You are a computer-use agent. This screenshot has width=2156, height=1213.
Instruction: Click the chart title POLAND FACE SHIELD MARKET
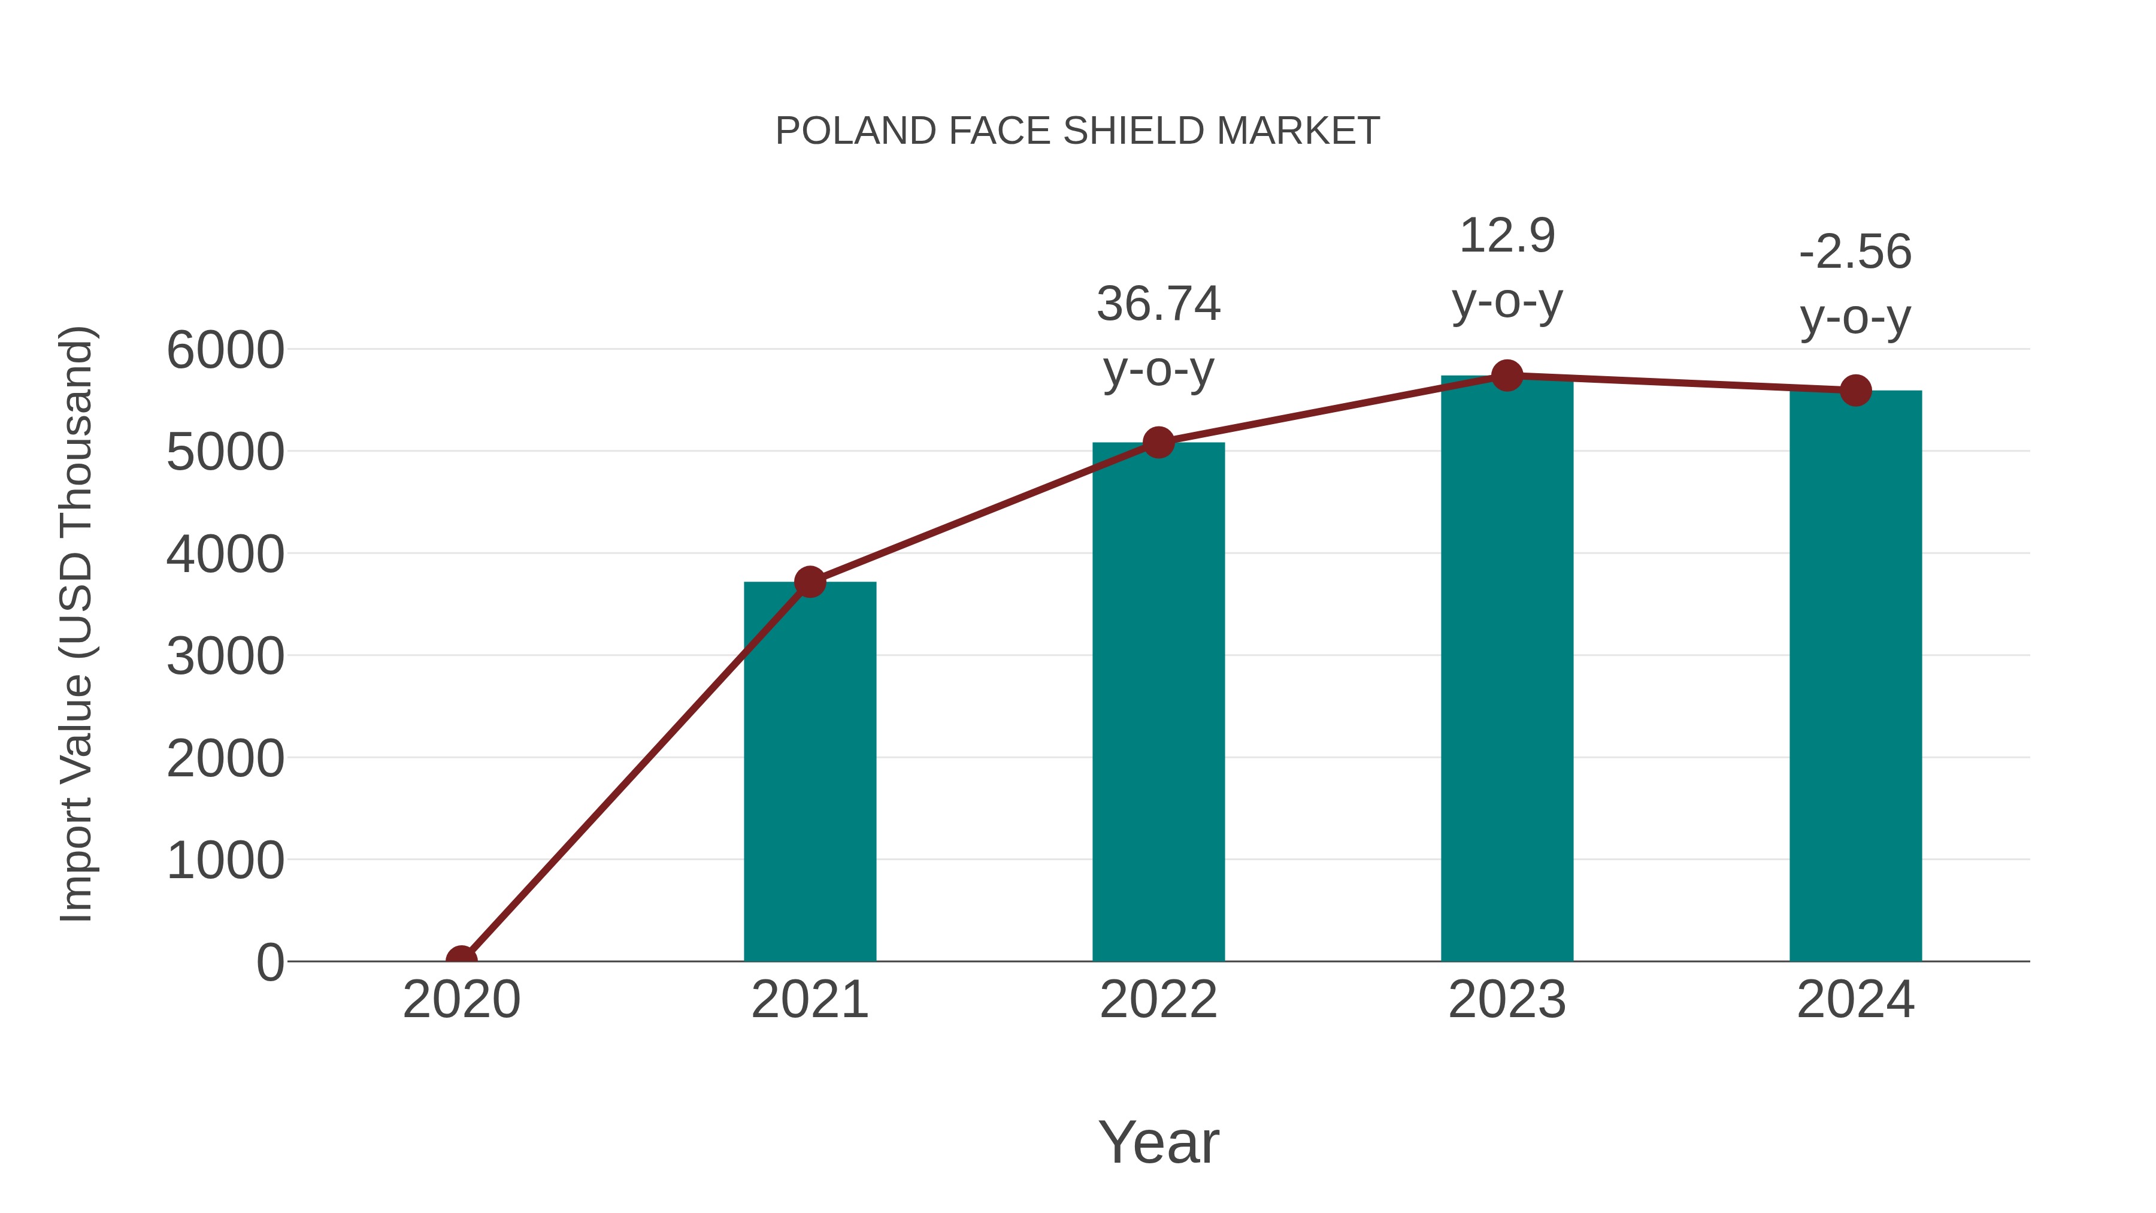(1077, 131)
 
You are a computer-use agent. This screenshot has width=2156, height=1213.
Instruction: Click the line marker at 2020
(461, 960)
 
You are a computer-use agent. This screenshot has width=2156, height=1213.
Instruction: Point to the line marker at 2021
(809, 582)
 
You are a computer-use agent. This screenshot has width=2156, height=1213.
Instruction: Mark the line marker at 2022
(1158, 442)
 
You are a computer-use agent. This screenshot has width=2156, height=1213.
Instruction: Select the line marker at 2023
(1507, 376)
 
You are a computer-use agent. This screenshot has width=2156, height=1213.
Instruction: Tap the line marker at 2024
(1855, 390)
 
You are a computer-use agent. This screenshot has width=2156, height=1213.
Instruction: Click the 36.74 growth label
(1158, 304)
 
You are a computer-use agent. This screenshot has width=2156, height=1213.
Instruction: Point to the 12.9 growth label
(1507, 236)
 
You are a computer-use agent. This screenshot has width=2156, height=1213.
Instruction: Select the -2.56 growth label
(1855, 252)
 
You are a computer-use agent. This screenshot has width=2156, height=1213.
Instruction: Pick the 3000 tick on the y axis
(225, 657)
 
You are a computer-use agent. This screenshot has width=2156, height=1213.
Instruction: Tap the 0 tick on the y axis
(269, 962)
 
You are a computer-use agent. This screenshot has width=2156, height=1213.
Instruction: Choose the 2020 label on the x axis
(461, 1000)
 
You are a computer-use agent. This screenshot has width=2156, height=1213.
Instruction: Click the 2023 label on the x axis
(1507, 1000)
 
